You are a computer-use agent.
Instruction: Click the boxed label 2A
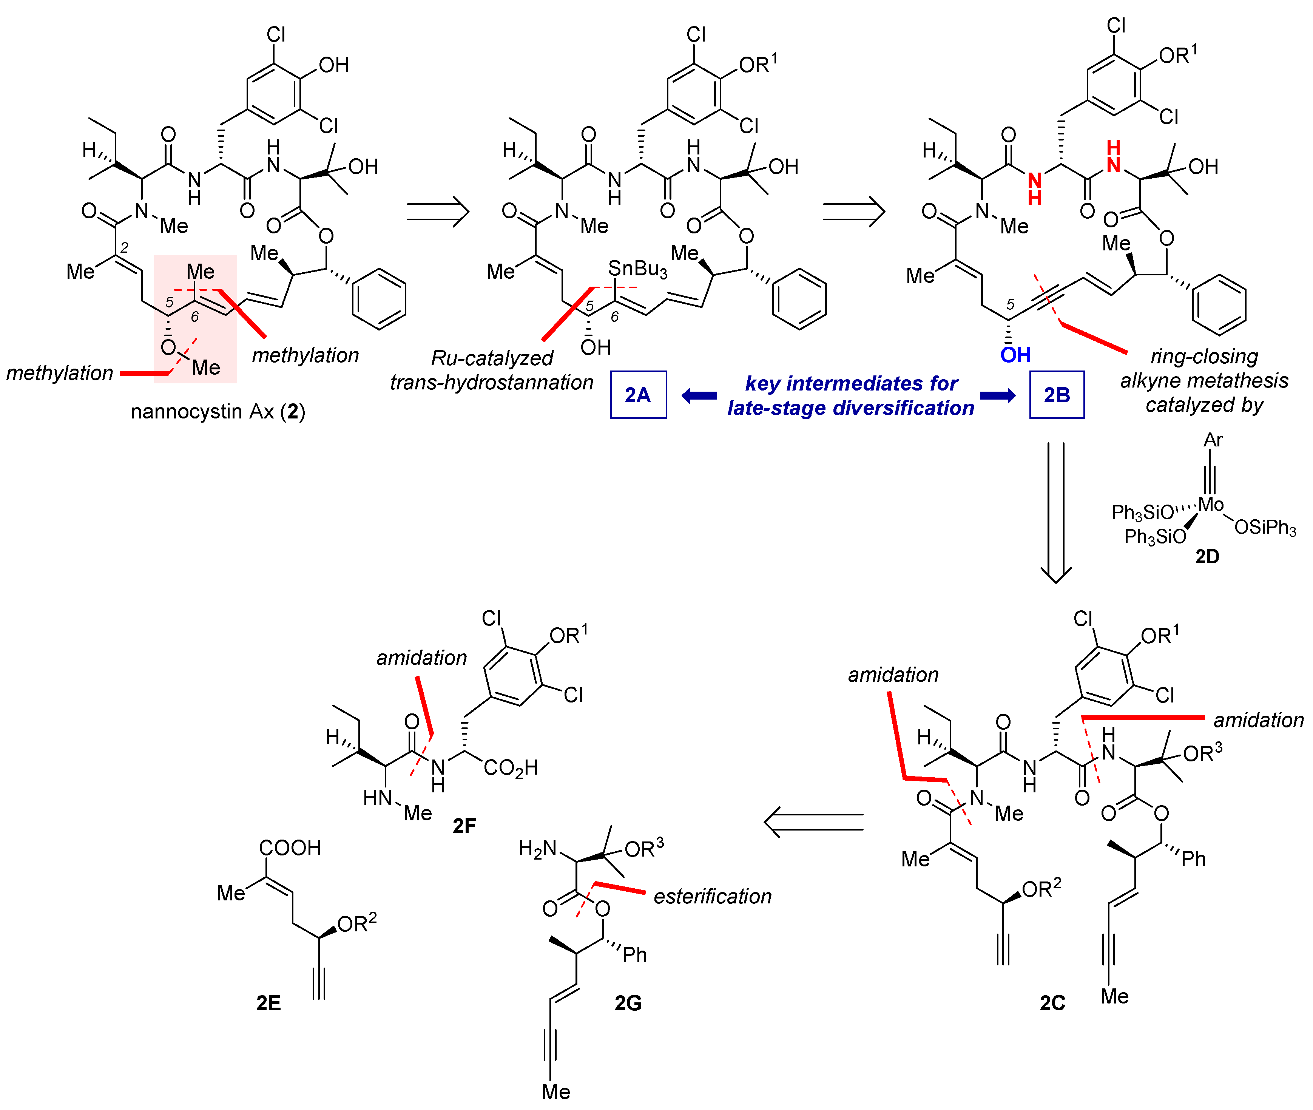637,395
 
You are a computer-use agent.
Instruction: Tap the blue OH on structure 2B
1015,355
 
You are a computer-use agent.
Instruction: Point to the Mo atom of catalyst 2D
1210,504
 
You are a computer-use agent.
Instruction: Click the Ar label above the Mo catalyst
1212,440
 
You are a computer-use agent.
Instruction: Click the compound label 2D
1207,556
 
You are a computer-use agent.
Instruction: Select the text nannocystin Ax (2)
218,412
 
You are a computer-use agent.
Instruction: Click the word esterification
712,896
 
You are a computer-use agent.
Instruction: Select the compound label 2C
1052,1002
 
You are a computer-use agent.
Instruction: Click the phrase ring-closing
1203,356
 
